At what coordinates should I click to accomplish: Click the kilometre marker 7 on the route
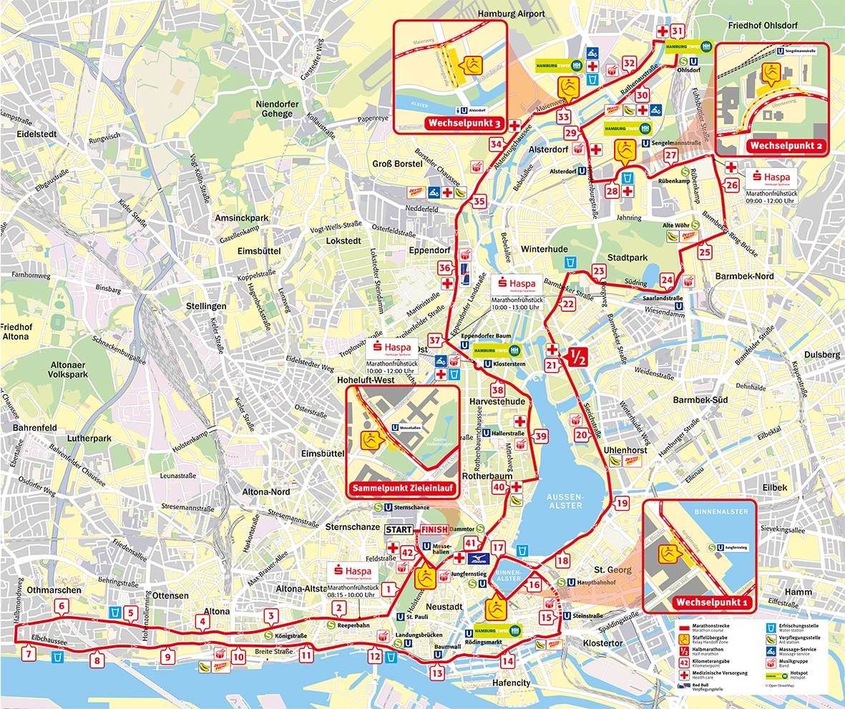[x=29, y=652]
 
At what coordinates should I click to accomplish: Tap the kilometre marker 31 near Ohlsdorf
[x=676, y=31]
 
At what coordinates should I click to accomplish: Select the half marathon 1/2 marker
[x=577, y=356]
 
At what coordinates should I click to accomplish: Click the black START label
[x=399, y=529]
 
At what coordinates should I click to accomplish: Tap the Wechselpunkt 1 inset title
[x=714, y=603]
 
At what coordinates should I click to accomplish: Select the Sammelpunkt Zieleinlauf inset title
[x=403, y=490]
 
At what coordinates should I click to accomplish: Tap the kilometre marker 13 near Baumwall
[x=437, y=672]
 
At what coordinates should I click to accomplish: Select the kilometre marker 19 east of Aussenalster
[x=621, y=504]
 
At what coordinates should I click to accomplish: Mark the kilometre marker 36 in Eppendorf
[x=445, y=268]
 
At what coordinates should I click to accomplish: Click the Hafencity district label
[x=512, y=683]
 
